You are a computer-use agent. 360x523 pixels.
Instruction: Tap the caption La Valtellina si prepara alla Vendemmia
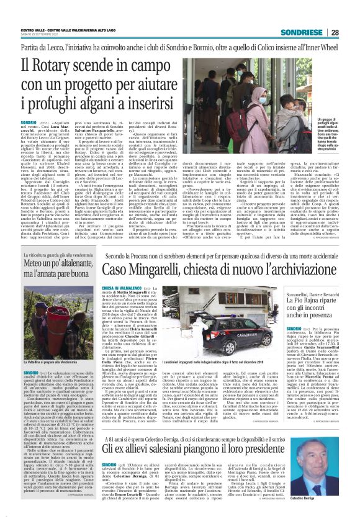tap(47, 361)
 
